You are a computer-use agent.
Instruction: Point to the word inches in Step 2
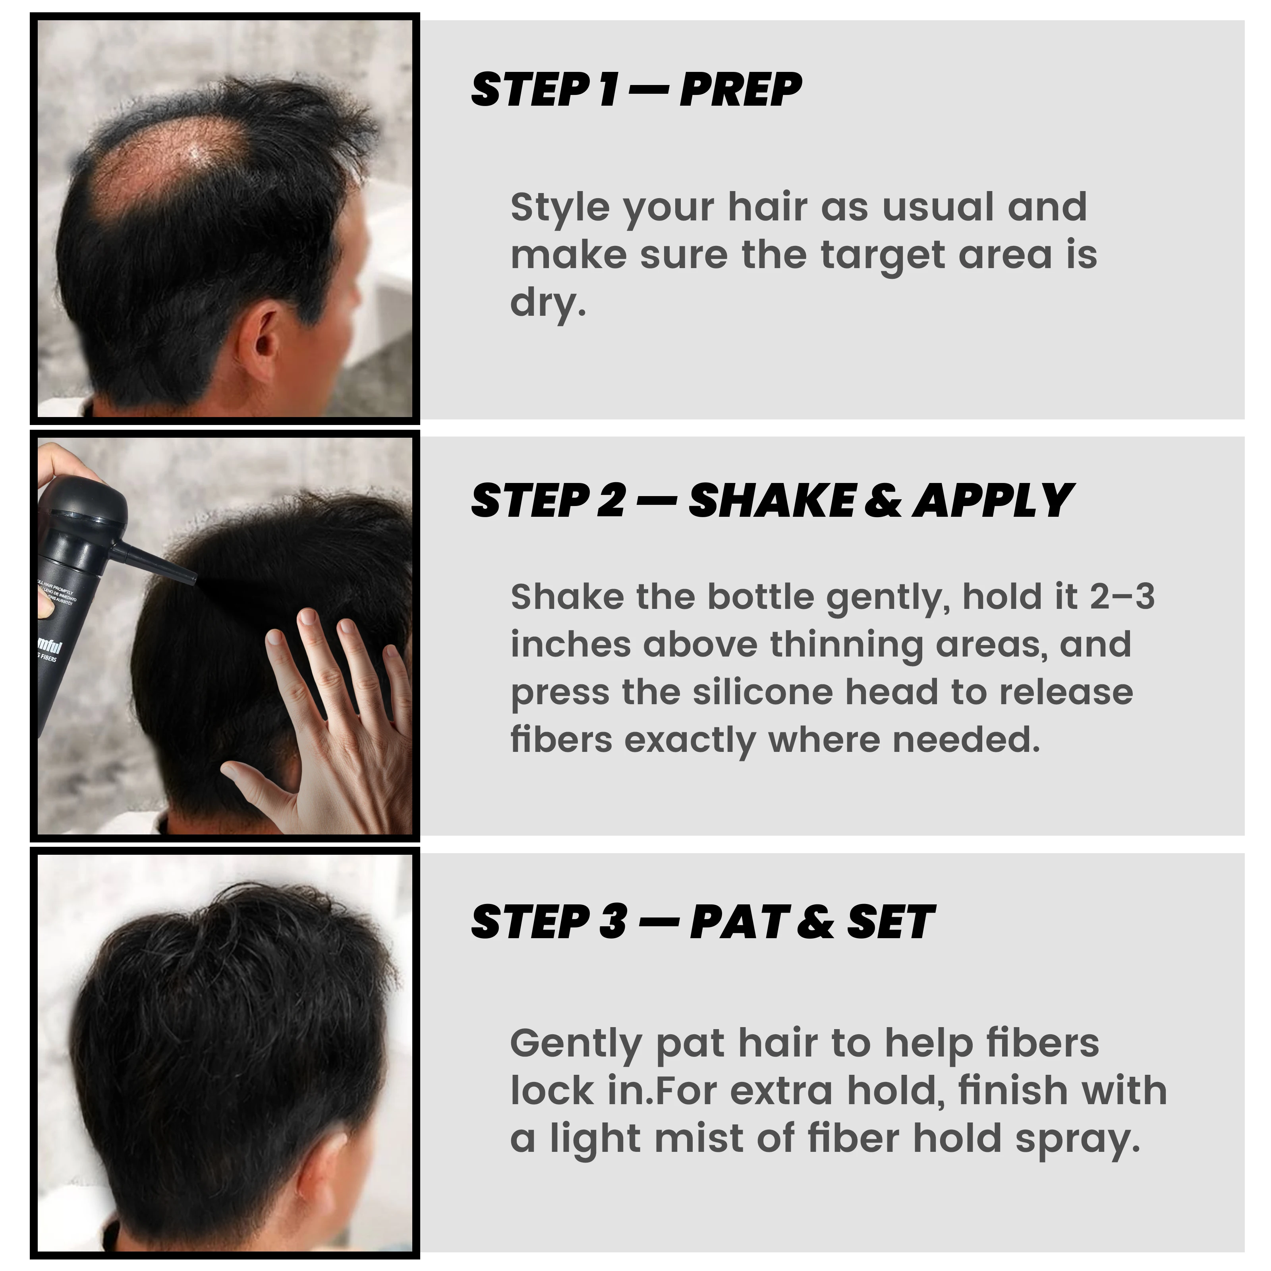pos(570,644)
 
